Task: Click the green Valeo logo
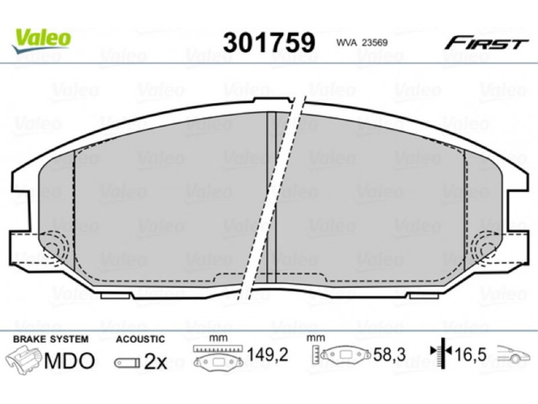coord(41,40)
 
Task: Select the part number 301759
coord(269,42)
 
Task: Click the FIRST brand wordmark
coord(486,43)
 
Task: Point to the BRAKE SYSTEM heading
coord(51,339)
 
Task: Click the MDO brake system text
coord(69,360)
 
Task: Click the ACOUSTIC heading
coord(141,339)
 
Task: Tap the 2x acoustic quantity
coord(156,362)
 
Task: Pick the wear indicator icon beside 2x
coord(127,363)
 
